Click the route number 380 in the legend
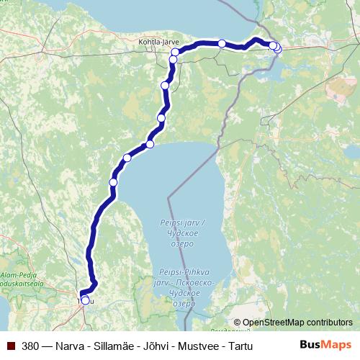(x=30, y=346)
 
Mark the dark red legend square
(x=10, y=346)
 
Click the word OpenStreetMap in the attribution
(x=274, y=323)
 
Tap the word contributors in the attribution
(x=328, y=323)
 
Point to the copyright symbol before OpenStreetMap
(x=238, y=323)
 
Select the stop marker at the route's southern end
(x=85, y=300)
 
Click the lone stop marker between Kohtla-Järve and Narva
(x=222, y=44)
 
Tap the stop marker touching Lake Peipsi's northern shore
(x=150, y=145)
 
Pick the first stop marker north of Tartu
(x=113, y=183)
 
